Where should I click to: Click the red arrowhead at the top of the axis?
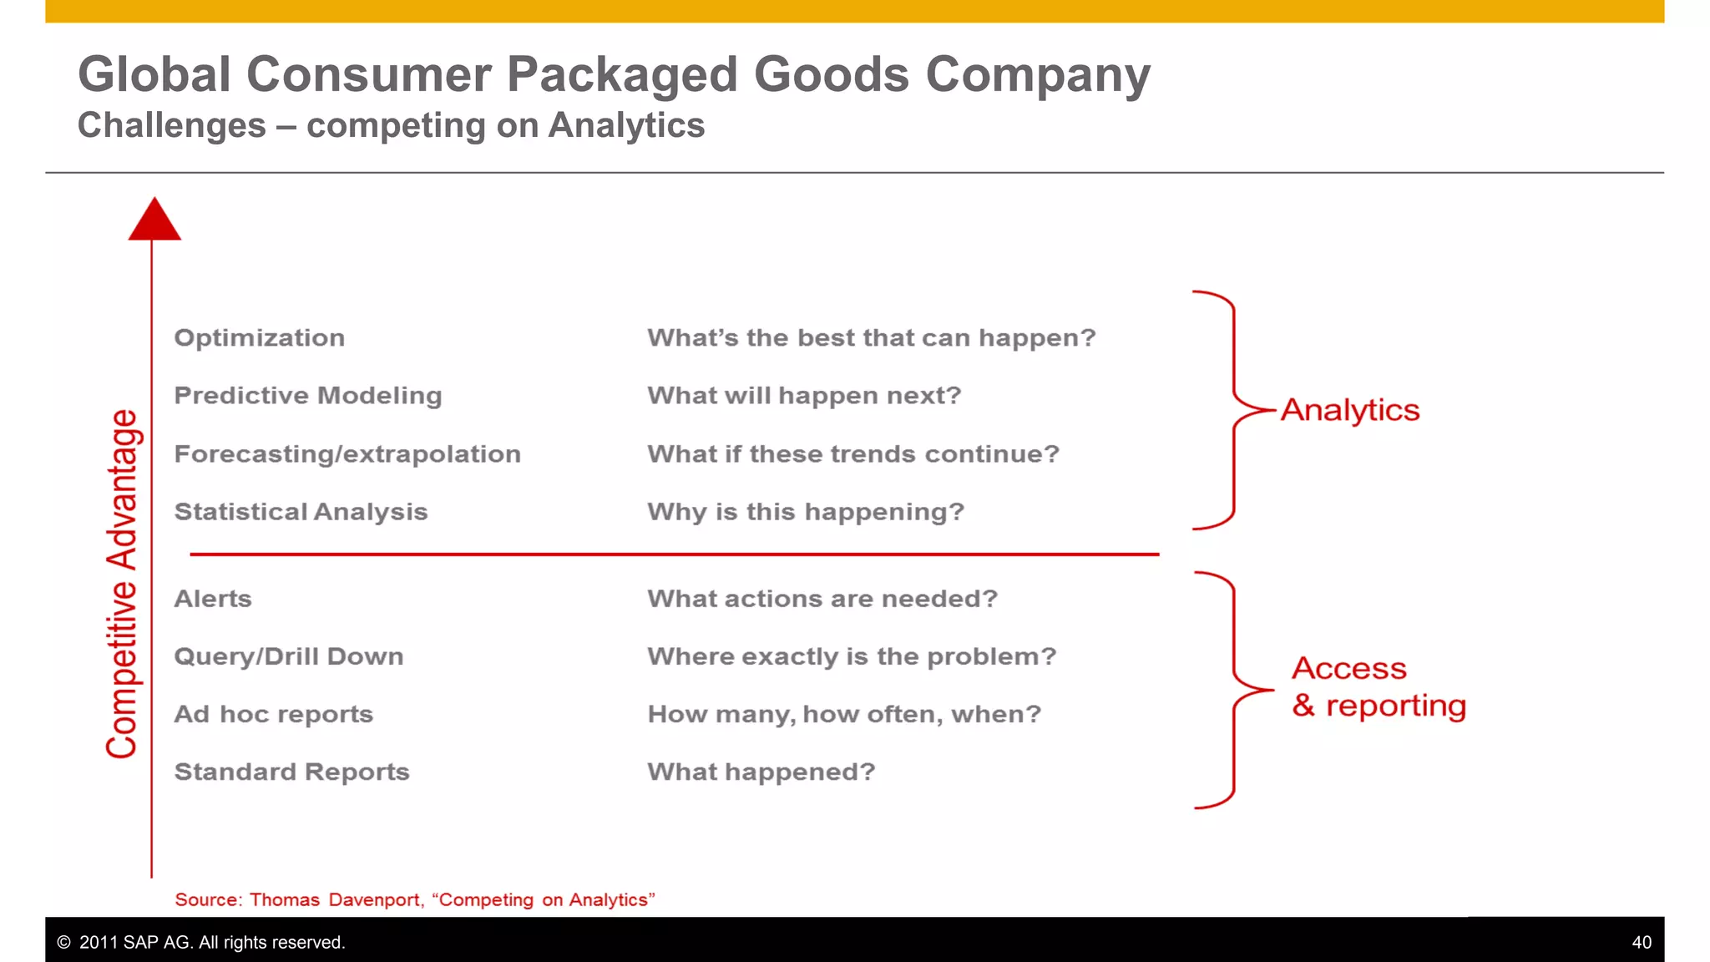pos(154,220)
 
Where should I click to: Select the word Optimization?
pos(259,338)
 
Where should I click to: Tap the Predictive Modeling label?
pos(307,396)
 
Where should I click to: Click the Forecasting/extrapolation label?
pos(347,454)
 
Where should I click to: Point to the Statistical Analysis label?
pos(301,512)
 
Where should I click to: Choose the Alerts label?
pos(212,599)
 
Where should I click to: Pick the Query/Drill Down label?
pos(288,656)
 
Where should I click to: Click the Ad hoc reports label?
pos(273,714)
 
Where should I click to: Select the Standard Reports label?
pos(291,772)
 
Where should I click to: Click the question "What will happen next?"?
pos(804,396)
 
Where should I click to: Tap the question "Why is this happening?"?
pos(806,512)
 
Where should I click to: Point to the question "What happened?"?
pos(761,772)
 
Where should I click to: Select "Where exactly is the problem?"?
pos(852,656)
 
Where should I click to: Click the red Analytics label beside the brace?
pos(1349,410)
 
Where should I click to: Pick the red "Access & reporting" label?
pos(1378,687)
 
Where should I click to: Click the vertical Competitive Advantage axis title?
pos(123,584)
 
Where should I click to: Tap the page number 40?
pos(1641,942)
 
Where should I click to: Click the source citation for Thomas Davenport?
pos(414,899)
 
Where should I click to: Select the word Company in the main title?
pos(1038,75)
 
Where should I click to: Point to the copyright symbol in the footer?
pos(63,942)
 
